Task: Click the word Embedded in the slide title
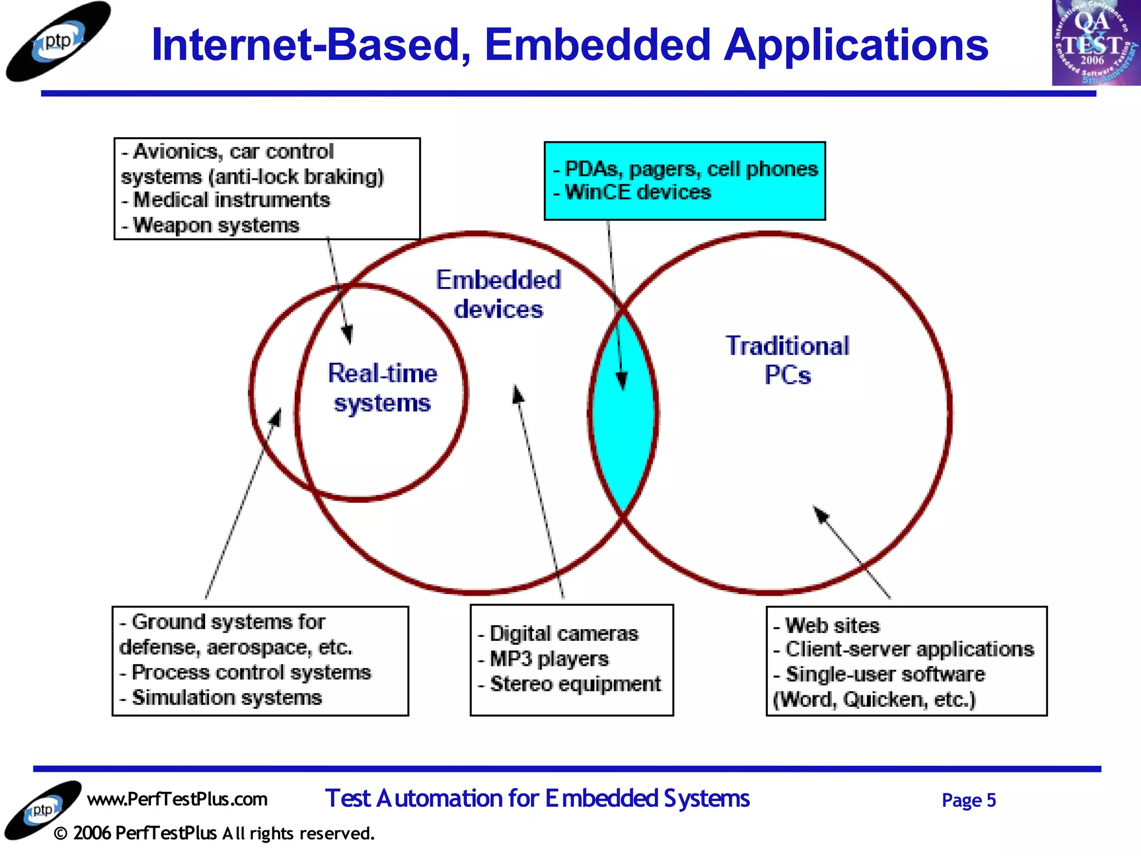[597, 45]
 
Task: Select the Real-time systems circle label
[382, 388]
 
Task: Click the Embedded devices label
[498, 294]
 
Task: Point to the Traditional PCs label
[787, 360]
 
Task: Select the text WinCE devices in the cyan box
[637, 192]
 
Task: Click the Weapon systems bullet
[216, 225]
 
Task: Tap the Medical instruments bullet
[231, 200]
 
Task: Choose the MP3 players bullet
[549, 659]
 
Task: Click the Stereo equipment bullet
[575, 684]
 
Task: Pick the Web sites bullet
[832, 625]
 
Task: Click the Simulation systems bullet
[226, 698]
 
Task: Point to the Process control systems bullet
[251, 672]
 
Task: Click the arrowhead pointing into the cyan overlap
[622, 382]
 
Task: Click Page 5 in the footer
[968, 800]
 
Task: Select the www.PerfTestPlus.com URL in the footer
[177, 799]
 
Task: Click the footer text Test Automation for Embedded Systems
[537, 799]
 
